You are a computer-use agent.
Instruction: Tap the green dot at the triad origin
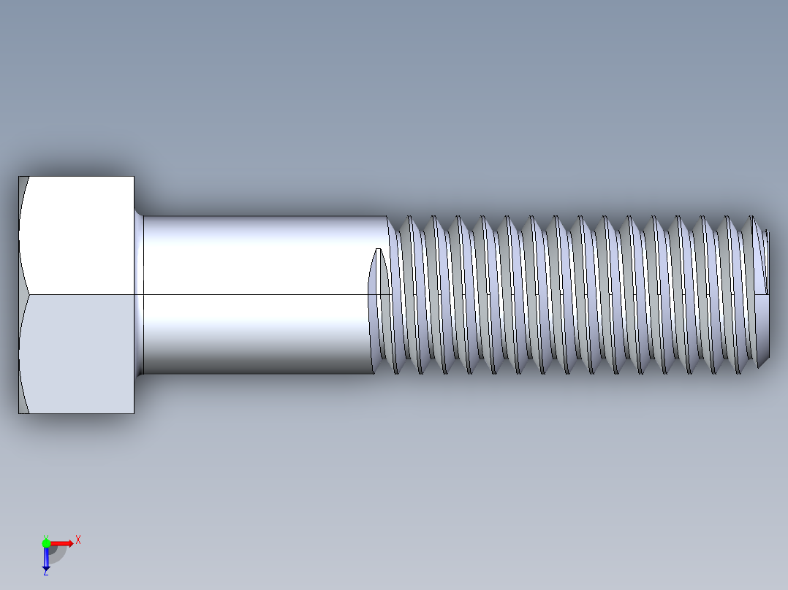click(x=46, y=543)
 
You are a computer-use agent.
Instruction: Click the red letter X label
click(x=77, y=540)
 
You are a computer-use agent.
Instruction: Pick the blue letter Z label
click(x=45, y=572)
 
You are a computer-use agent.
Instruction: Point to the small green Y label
click(x=45, y=536)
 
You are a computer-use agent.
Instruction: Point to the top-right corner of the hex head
click(x=134, y=177)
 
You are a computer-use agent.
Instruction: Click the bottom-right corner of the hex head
click(x=134, y=413)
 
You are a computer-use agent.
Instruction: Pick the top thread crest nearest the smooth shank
click(x=409, y=218)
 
